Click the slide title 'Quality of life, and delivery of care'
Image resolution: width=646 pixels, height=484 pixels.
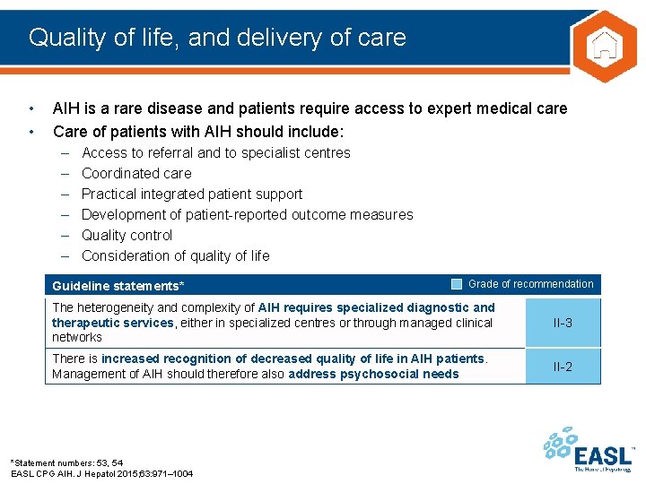tap(217, 38)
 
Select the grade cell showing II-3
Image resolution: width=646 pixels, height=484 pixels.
tap(563, 323)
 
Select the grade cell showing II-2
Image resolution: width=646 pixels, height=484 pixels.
tap(563, 367)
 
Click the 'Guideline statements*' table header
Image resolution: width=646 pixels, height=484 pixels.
tap(118, 286)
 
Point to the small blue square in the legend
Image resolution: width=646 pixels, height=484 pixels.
tap(457, 284)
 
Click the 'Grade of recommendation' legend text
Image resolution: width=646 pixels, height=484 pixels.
tap(530, 284)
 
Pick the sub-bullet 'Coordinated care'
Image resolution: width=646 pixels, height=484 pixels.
tap(136, 173)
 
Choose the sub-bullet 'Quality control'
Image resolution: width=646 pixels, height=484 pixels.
tap(127, 235)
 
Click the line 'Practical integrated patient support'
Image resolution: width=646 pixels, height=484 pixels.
tap(192, 194)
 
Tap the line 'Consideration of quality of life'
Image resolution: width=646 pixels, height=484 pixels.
tap(175, 255)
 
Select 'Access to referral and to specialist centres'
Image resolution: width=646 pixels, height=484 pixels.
tap(215, 152)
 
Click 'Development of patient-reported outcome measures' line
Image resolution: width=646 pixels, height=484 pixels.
tap(247, 214)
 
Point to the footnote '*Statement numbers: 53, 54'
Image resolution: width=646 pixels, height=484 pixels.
tap(66, 462)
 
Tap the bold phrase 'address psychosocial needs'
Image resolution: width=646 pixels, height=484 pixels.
tap(373, 374)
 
